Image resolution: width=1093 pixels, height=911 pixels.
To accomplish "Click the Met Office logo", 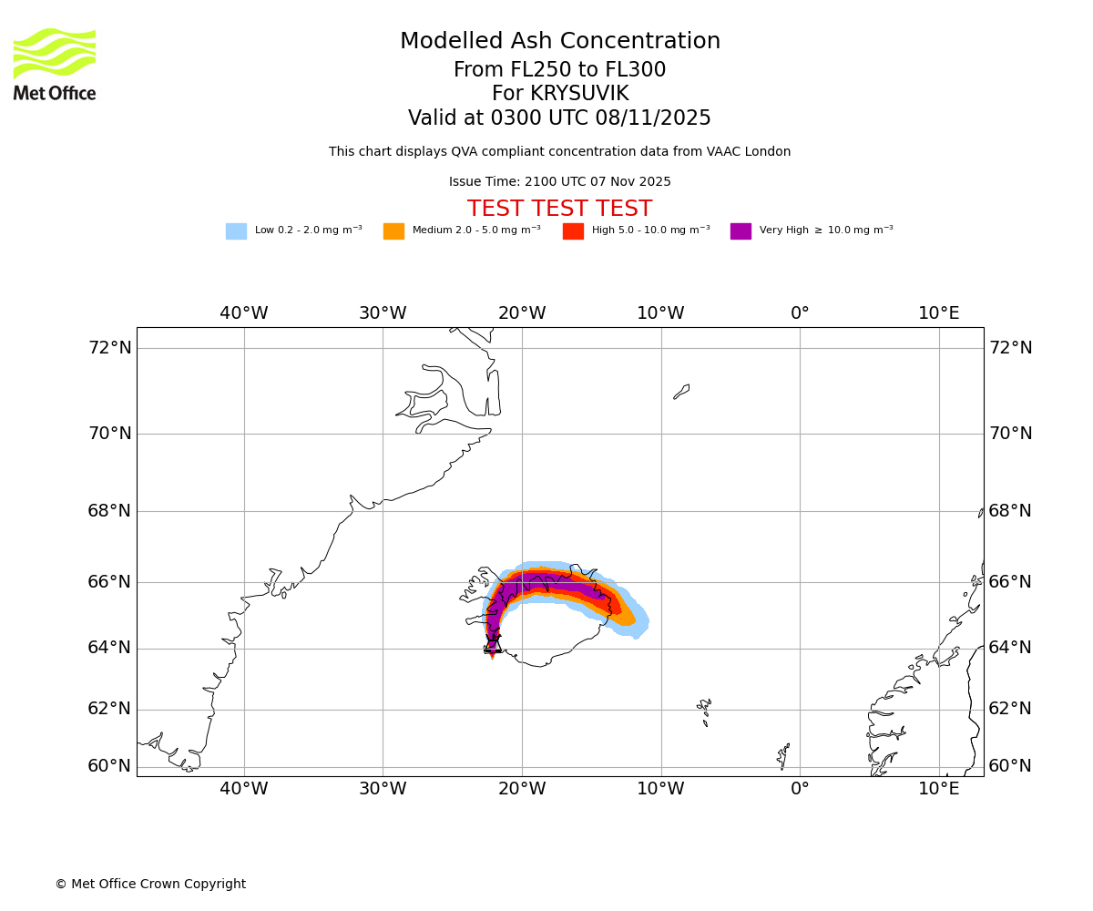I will tap(55, 64).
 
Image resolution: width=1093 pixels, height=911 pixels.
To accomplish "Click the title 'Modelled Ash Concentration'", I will tap(559, 42).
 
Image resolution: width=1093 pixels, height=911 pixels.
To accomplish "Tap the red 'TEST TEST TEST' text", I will tap(559, 210).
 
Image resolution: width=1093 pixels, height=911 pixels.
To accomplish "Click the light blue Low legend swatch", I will tap(236, 231).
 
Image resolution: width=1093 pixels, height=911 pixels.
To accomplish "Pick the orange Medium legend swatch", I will tap(393, 231).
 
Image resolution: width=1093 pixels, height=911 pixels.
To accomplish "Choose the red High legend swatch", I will tap(573, 231).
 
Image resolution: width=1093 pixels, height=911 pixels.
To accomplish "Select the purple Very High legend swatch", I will tap(741, 231).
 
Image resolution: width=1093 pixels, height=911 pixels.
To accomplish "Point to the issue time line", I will tap(559, 182).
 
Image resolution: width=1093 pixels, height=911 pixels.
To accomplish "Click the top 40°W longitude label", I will tap(244, 313).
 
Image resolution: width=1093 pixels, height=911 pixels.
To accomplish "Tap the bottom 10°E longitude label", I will tap(939, 789).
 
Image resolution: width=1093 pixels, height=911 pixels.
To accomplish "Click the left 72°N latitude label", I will tap(109, 348).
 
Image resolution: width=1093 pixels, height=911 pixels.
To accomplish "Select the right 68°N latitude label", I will tap(1010, 511).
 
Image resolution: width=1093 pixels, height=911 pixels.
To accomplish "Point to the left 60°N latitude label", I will tap(109, 766).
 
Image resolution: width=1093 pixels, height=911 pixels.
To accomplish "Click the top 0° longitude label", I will tap(800, 313).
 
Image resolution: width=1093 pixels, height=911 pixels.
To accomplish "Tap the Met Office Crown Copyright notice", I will tap(150, 885).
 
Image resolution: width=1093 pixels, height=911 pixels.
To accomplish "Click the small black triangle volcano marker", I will tap(493, 645).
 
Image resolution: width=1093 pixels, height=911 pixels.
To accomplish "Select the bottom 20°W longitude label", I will tap(522, 789).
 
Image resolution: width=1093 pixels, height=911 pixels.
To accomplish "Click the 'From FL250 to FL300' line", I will tap(559, 70).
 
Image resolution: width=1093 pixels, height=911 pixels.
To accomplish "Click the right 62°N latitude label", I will tap(1010, 709).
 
